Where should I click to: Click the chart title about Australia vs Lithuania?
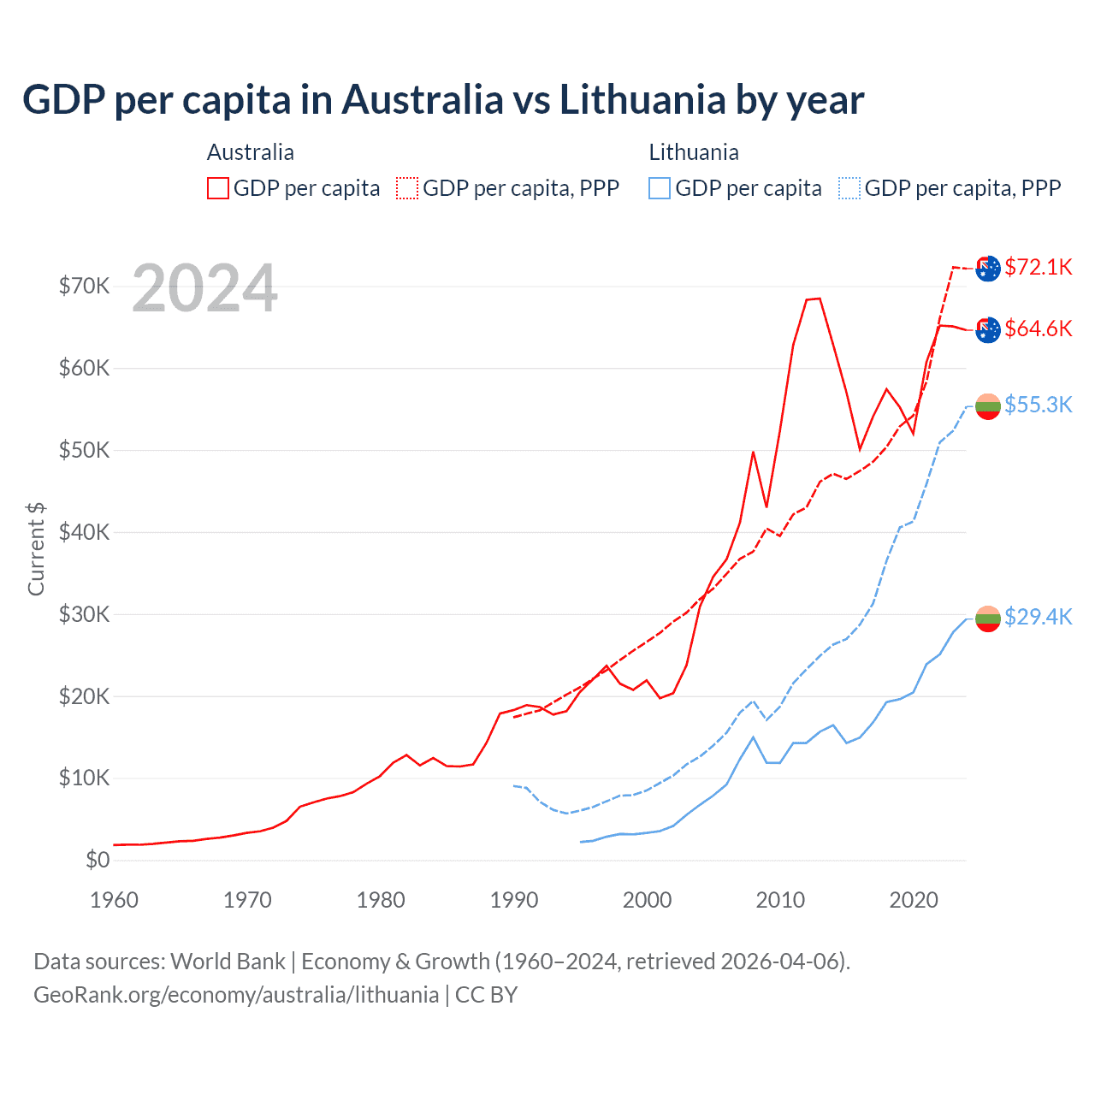442,99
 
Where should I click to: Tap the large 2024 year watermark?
204,288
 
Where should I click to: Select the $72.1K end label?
1038,267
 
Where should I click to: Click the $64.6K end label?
1038,328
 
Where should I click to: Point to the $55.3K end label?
1038,405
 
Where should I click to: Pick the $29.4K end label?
1038,617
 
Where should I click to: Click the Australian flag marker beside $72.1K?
988,269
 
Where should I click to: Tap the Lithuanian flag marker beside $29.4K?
988,619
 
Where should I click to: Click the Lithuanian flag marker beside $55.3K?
988,406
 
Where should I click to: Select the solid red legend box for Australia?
218,188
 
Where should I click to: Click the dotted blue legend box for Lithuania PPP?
849,188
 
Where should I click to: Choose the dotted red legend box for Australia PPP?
407,188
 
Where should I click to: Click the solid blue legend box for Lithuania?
660,188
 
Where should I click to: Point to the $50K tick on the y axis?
84,450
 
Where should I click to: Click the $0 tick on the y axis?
97,860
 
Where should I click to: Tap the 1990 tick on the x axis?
514,900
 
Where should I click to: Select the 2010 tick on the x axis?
780,900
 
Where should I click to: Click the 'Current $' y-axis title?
36,548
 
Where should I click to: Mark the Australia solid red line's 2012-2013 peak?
814,299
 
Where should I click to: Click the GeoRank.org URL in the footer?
236,995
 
